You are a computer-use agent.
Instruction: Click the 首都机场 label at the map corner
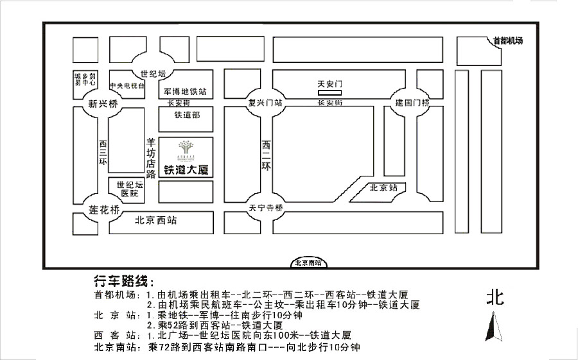click(507, 41)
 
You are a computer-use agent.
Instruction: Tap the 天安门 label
click(332, 84)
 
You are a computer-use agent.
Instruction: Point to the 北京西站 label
click(156, 220)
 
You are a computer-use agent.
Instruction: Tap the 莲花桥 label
click(105, 209)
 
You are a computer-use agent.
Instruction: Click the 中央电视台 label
click(127, 85)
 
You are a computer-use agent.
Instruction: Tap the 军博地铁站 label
click(185, 91)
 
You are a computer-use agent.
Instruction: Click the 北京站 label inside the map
click(384, 189)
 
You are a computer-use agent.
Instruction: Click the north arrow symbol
click(495, 327)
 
